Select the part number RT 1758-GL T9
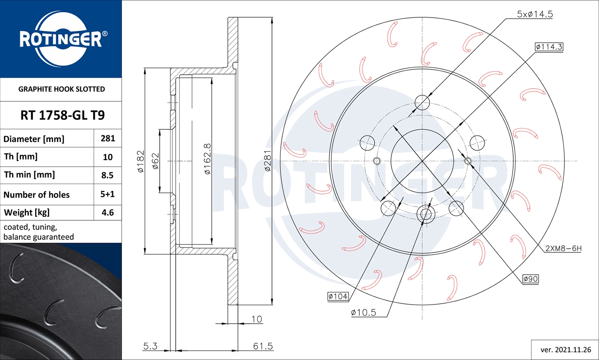[x=62, y=115]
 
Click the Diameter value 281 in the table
[x=108, y=138]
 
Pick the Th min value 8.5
[x=107, y=175]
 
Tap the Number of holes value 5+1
[x=107, y=194]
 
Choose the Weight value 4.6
[x=107, y=213]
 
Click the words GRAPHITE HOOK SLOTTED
[x=61, y=89]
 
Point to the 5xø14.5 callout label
[x=535, y=14]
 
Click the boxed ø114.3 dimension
[x=549, y=47]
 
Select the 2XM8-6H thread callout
[x=563, y=248]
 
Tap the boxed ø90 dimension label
[x=531, y=279]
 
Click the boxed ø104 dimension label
[x=338, y=296]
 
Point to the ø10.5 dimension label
[x=363, y=313]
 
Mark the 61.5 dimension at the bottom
[x=263, y=346]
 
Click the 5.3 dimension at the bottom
[x=150, y=346]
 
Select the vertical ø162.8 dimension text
[x=207, y=159]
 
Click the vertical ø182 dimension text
[x=140, y=161]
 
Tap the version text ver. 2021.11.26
[x=565, y=350]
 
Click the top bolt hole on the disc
[x=422, y=103]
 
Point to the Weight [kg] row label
[x=27, y=213]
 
